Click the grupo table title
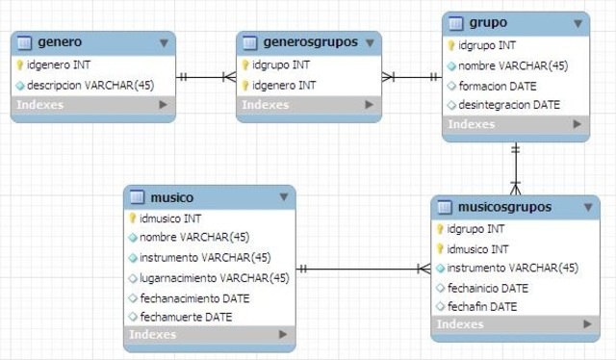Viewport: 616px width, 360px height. [x=488, y=22]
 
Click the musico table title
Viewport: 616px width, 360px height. [x=172, y=198]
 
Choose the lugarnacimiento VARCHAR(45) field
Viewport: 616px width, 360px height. [x=214, y=277]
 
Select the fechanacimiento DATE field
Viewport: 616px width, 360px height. [x=194, y=297]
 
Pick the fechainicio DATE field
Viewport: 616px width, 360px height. [x=488, y=288]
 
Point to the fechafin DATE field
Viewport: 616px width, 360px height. [x=482, y=306]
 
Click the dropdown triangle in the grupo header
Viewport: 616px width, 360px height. [x=574, y=22]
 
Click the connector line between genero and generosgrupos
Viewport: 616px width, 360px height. [x=205, y=76]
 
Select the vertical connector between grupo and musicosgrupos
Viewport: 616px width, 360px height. [x=516, y=167]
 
